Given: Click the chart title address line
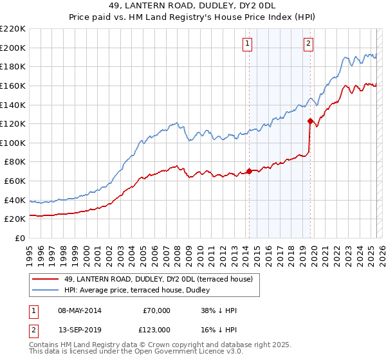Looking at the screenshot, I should pos(192,6).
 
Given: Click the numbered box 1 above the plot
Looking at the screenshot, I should pos(248,44).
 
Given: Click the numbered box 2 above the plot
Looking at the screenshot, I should pos(309,44).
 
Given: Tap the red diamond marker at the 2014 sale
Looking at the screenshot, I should pos(249,172).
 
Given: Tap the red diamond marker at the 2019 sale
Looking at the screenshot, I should pos(310,121).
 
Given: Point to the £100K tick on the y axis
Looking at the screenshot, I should pos(13,143).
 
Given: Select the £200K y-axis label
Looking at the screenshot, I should pos(13,48).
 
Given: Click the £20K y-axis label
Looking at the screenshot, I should pos(15,219).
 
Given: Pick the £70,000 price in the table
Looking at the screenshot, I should pos(157,311).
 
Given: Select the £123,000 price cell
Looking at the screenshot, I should pos(155,330).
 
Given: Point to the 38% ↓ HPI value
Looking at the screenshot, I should pos(219,311).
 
